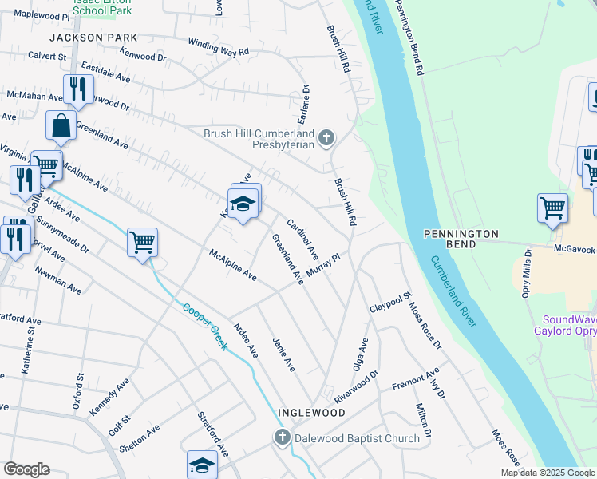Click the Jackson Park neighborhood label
tap(93, 38)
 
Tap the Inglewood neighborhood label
tap(311, 413)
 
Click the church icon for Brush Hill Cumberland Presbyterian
tap(326, 139)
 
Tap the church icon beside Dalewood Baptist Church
tap(281, 437)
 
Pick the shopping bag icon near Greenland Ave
tap(61, 125)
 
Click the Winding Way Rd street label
tap(219, 47)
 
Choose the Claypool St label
tap(390, 303)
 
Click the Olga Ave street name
tap(360, 354)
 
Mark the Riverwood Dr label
tap(356, 386)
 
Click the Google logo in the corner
tap(26, 469)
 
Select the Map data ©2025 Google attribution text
tap(548, 473)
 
